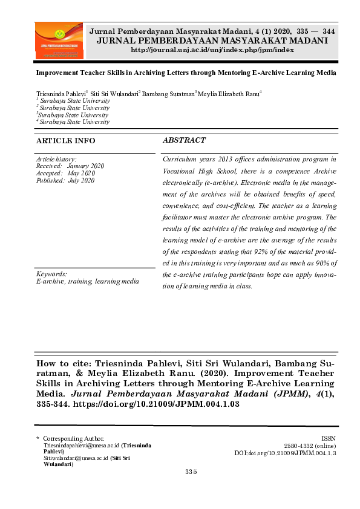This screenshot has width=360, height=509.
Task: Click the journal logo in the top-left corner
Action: [x=59, y=41]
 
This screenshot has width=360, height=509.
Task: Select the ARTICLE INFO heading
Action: [x=65, y=141]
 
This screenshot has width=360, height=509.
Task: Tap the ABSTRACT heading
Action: [x=184, y=140]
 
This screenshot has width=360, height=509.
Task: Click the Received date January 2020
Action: [x=85, y=166]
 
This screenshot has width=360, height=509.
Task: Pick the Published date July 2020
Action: [x=80, y=180]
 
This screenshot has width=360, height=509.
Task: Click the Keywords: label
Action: [x=51, y=274]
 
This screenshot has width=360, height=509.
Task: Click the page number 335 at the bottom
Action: [x=192, y=472]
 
